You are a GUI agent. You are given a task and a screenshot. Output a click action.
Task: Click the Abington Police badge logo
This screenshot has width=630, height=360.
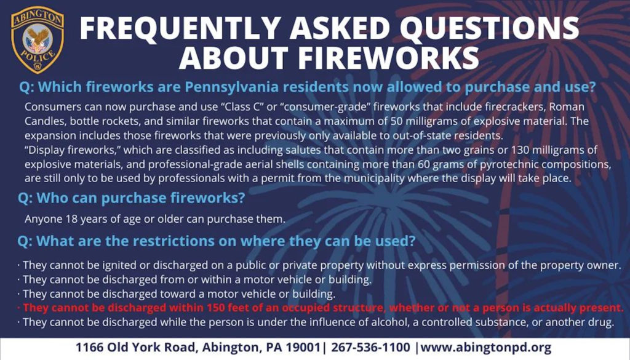(38, 40)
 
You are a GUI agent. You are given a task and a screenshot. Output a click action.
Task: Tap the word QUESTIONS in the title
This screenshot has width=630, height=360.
(489, 28)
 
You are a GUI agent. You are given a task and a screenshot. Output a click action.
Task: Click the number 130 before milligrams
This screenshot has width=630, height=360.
(520, 150)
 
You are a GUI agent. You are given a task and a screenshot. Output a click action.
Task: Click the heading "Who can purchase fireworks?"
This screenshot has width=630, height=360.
(132, 199)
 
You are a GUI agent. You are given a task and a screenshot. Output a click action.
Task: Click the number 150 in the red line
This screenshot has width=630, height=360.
(216, 308)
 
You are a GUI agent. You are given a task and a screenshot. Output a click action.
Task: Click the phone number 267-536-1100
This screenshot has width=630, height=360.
(370, 348)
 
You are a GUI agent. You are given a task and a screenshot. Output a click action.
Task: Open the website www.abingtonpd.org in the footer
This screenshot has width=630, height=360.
(486, 348)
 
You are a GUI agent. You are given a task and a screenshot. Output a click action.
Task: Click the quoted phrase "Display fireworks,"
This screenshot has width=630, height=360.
(73, 150)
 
